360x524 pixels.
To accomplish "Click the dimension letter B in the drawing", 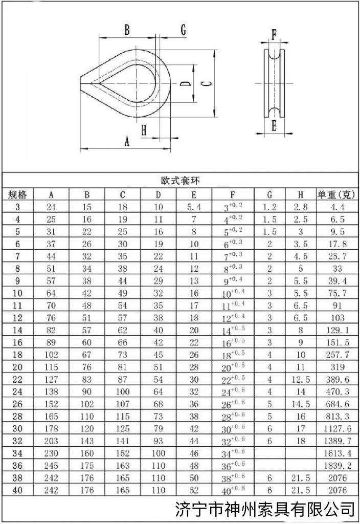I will [127, 30].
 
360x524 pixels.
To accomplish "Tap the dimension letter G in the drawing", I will [183, 30].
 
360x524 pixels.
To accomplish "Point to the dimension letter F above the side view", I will [274, 35].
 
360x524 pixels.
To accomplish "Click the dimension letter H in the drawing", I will [144, 130].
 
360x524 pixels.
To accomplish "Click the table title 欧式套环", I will [180, 181].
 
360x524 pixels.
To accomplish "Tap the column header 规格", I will [18, 194].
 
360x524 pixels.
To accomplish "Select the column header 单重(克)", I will [337, 194].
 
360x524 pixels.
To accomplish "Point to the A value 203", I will [51, 441].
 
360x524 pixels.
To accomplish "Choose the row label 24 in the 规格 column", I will [18, 392].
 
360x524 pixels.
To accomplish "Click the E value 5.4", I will [194, 207].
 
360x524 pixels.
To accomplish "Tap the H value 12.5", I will [301, 380].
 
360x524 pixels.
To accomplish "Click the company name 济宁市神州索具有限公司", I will [264, 509].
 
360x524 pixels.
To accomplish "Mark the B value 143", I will [87, 441].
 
